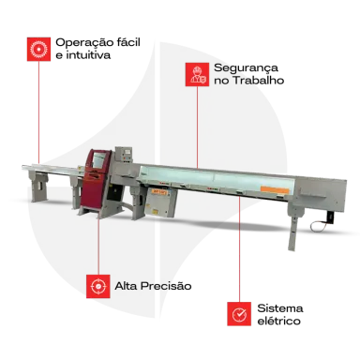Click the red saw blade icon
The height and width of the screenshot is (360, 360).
point(38,50)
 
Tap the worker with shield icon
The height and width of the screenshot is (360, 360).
point(197,74)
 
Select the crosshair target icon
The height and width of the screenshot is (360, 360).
point(98,286)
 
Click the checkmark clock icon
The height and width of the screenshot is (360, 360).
point(239,314)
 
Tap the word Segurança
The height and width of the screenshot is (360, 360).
point(246,68)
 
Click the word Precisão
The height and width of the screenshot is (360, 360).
point(166,286)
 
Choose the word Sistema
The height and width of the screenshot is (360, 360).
point(280,308)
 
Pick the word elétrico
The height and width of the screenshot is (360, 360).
point(278,321)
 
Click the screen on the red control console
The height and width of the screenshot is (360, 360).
point(98,160)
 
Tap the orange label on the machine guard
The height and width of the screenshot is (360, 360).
point(275,189)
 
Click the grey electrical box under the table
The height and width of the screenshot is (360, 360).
point(161,202)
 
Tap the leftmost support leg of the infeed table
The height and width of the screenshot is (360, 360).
point(38,187)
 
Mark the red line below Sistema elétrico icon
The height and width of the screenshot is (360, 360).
point(239,248)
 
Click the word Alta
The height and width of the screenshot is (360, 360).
point(126,286)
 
